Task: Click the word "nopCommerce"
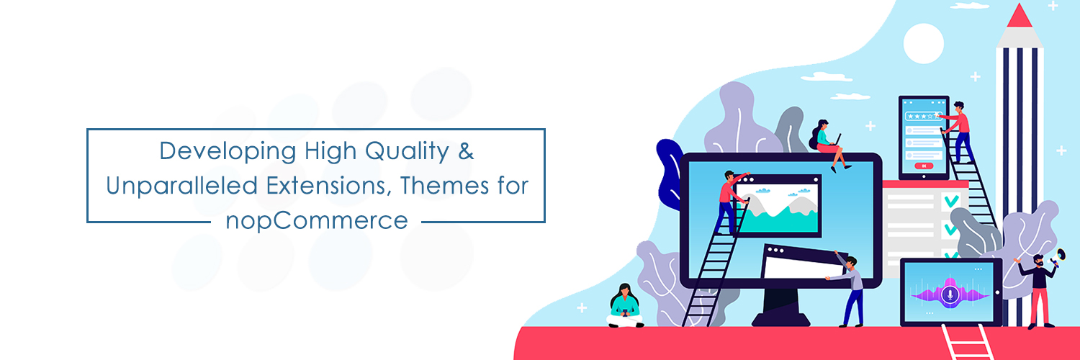(x=317, y=220)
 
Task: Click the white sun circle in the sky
(x=923, y=43)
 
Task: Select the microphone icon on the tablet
(x=950, y=294)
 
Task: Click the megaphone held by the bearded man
(x=1059, y=257)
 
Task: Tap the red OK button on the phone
(x=923, y=166)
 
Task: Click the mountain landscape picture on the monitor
(x=777, y=207)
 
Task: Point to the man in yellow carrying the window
(x=851, y=288)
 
